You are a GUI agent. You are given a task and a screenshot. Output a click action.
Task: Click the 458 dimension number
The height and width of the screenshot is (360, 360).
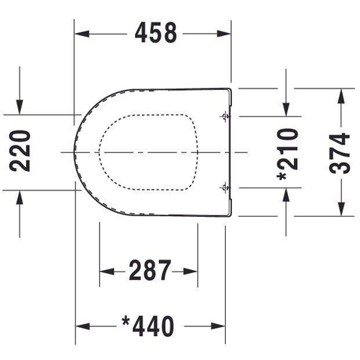[x=156, y=33]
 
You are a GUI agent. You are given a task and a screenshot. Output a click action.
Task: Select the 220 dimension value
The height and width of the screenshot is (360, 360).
[x=19, y=151]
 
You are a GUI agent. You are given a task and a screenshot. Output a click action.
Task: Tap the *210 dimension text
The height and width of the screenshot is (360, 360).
[x=288, y=154]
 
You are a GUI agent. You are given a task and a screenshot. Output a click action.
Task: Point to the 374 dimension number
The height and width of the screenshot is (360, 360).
[x=339, y=153]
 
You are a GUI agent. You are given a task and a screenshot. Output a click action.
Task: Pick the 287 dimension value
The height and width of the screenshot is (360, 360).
[x=150, y=270]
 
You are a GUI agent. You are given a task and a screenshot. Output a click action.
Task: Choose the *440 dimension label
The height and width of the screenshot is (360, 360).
[x=148, y=326]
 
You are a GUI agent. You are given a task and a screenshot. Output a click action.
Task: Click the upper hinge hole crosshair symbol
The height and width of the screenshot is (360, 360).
[x=225, y=116]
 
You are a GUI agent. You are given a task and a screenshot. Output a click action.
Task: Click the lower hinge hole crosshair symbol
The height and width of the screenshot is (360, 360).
[x=225, y=187]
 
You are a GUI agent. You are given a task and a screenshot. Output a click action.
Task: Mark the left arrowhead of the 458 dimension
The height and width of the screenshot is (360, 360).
[x=82, y=34]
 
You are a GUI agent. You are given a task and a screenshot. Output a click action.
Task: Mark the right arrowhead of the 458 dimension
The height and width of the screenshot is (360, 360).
[x=223, y=34]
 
